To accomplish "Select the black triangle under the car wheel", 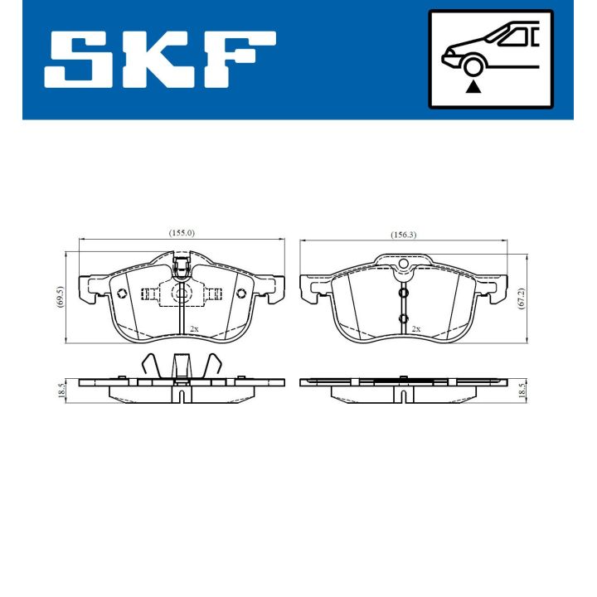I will click(473, 86).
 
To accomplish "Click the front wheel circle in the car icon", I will click(473, 67).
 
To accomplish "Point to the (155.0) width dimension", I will click(181, 234).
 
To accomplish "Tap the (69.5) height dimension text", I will click(59, 297).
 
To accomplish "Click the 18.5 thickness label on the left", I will click(59, 389).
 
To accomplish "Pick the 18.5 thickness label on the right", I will click(520, 389).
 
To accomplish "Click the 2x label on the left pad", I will click(194, 329).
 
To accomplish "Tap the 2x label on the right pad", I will click(416, 329).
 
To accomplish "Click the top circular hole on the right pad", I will click(404, 265).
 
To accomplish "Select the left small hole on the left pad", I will click(122, 294).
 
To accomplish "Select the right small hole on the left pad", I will click(241, 294).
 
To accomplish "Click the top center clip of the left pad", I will click(182, 266).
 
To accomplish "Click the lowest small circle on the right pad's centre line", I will click(404, 319).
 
